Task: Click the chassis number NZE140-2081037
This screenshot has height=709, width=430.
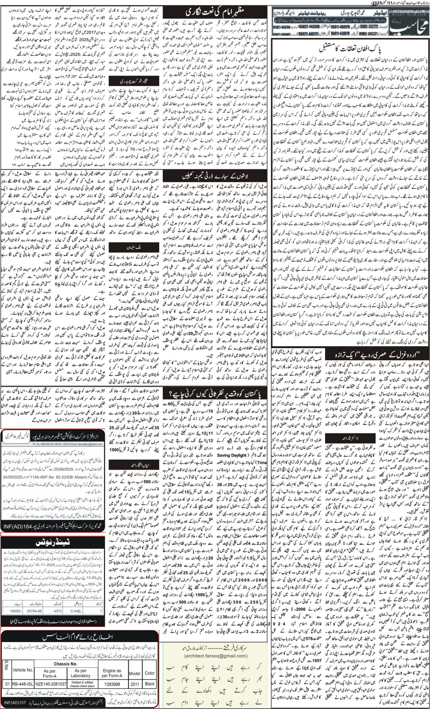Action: (50, 683)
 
